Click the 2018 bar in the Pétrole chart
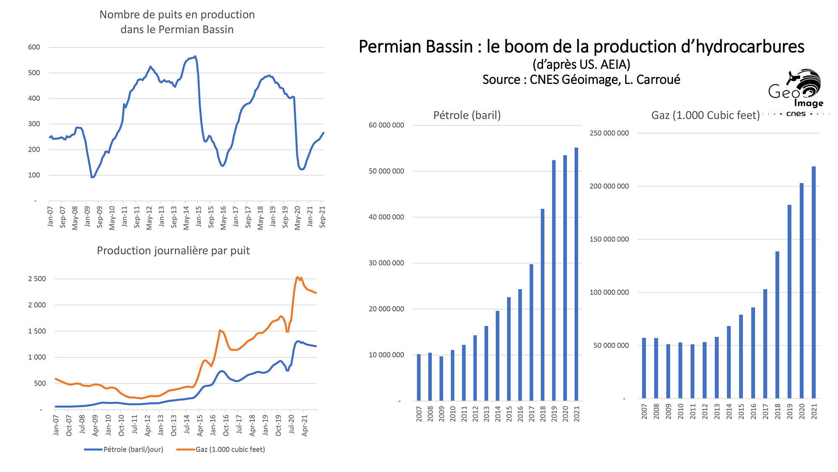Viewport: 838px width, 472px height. (543, 304)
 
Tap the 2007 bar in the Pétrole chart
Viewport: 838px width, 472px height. (419, 378)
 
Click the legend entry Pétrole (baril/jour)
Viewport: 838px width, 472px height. (133, 449)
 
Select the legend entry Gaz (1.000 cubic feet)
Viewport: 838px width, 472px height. (230, 449)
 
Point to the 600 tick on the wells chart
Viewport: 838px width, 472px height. (34, 47)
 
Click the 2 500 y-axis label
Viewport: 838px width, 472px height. (37, 279)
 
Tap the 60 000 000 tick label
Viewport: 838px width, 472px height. (386, 125)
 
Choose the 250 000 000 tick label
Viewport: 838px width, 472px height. (609, 133)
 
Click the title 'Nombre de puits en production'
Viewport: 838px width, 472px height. (177, 15)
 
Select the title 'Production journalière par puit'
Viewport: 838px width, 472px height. (173, 250)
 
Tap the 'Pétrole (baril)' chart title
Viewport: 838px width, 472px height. (467, 115)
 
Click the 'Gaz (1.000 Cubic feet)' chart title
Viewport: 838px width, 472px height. (705, 115)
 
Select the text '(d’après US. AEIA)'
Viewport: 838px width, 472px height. (581, 64)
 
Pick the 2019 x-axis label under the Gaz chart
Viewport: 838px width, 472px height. (790, 411)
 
